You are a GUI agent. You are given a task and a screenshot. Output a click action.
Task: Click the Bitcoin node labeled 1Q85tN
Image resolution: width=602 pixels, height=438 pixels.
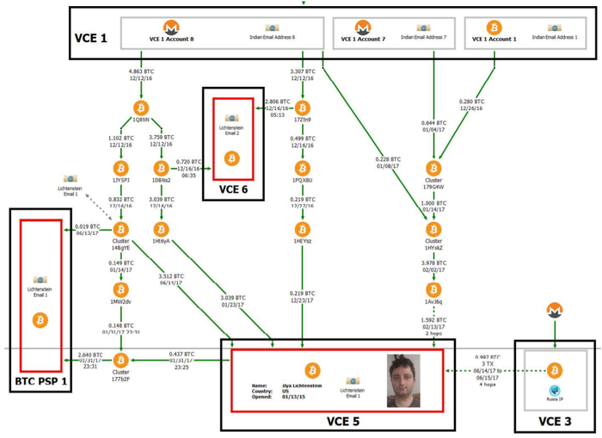click(141, 108)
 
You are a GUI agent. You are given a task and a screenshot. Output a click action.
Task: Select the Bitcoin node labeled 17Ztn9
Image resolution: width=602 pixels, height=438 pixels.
click(302, 108)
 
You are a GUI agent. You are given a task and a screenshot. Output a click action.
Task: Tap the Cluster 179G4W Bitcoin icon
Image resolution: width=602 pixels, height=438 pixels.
click(433, 168)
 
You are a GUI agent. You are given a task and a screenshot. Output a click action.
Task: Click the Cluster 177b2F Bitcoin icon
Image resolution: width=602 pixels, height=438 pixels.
click(120, 360)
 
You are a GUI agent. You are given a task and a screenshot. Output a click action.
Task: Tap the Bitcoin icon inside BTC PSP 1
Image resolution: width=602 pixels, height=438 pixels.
click(39, 320)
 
